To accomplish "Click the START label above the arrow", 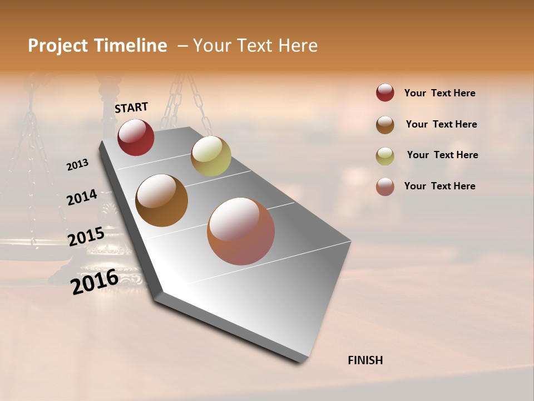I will tap(131, 107).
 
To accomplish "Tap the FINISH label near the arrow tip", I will tap(365, 360).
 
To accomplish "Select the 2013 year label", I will tap(77, 165).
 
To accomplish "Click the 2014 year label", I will tap(82, 198).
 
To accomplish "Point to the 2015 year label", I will tap(86, 237).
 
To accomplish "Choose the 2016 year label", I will tap(95, 281).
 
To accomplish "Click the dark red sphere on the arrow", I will tap(136, 137).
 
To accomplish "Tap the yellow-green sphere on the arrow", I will tap(211, 156).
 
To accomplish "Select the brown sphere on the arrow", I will tap(161, 200).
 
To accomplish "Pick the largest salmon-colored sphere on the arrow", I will tap(241, 231).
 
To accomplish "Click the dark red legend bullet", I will tap(385, 92).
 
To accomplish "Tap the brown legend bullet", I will tap(385, 124).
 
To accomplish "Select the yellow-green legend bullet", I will tap(385, 155).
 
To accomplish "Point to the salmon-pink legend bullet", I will tap(385, 187).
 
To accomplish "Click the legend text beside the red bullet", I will tap(439, 93).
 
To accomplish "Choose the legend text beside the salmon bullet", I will tap(439, 186).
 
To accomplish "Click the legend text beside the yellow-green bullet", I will tap(442, 155).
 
